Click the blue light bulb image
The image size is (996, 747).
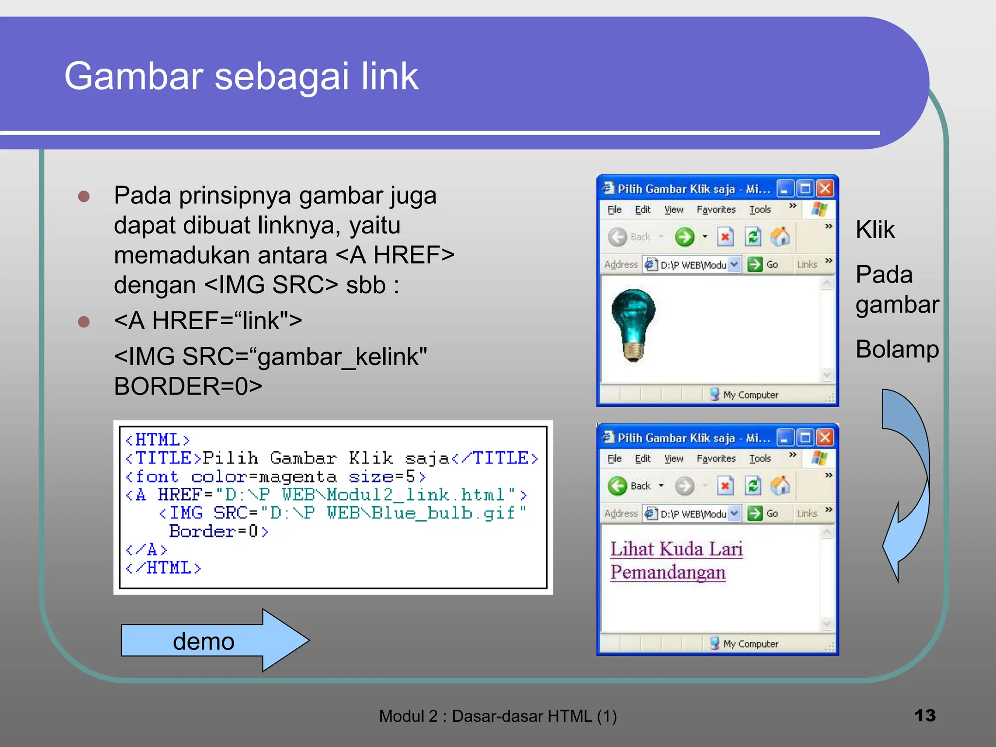(633, 325)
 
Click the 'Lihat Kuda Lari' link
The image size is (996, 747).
(676, 549)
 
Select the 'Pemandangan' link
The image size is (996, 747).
(668, 572)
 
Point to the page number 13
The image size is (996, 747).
(925, 715)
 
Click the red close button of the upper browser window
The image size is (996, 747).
(825, 189)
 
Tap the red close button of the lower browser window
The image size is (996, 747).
(825, 438)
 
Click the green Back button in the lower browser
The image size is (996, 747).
(618, 486)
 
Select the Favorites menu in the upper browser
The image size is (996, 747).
(716, 210)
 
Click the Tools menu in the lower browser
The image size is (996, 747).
(760, 459)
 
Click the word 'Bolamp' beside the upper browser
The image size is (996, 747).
(897, 349)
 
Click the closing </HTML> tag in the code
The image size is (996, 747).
(163, 568)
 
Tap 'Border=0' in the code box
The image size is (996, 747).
(218, 531)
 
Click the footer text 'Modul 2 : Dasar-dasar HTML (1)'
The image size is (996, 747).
(498, 716)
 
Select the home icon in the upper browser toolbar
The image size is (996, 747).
(780, 237)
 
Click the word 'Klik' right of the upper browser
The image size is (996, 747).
(875, 230)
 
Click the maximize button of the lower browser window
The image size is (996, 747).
(805, 438)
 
